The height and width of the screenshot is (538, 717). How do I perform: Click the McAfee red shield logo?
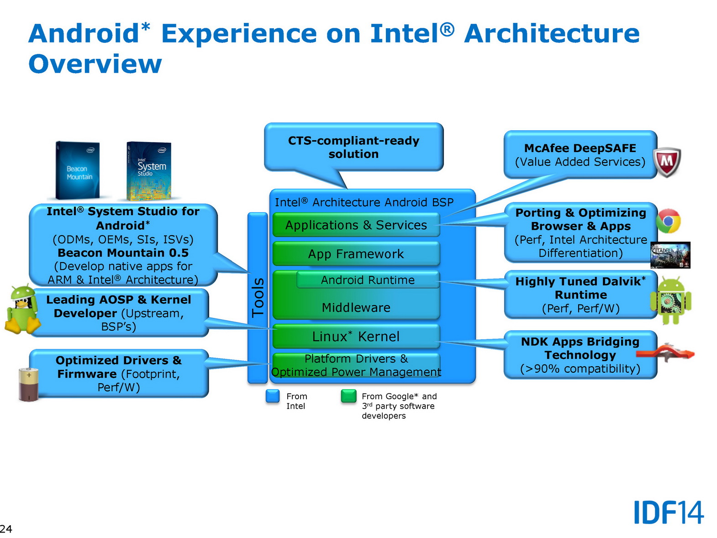point(667,162)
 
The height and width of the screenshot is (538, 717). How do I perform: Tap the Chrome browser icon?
point(668,222)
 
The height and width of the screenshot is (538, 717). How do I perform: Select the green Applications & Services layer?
point(356,225)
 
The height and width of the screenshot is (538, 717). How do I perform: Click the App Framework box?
point(356,254)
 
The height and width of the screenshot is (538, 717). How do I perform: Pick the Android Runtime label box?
point(368,280)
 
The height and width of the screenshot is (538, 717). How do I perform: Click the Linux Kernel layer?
point(356,337)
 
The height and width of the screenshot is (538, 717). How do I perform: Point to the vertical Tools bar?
point(258,297)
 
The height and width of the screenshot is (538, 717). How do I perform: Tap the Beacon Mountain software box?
point(78,170)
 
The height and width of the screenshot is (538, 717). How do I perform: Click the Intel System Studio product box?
point(149,171)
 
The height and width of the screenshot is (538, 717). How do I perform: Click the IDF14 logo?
point(669,512)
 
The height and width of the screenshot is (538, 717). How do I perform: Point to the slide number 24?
point(6,529)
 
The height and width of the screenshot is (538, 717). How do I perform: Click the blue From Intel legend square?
point(273,396)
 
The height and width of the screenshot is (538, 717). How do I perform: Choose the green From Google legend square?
point(348,396)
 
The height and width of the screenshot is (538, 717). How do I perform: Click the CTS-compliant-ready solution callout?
point(353,147)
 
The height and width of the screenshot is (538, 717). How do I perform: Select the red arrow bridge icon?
point(665,353)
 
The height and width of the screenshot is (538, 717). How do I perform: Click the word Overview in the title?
point(95,64)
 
